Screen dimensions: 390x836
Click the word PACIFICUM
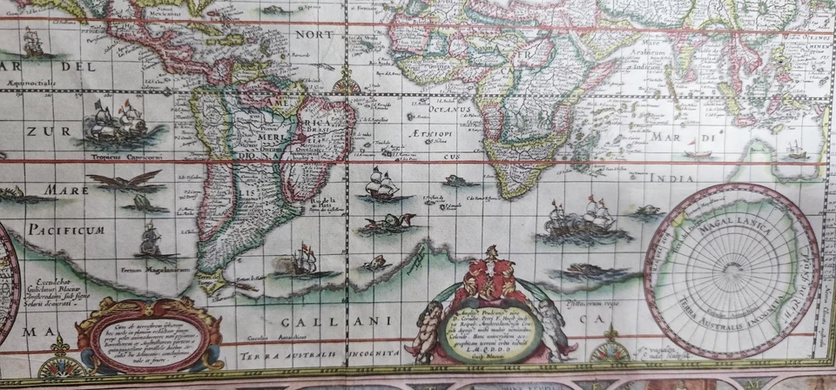click(x=65, y=230)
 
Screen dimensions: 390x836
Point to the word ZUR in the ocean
click(x=37, y=131)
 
